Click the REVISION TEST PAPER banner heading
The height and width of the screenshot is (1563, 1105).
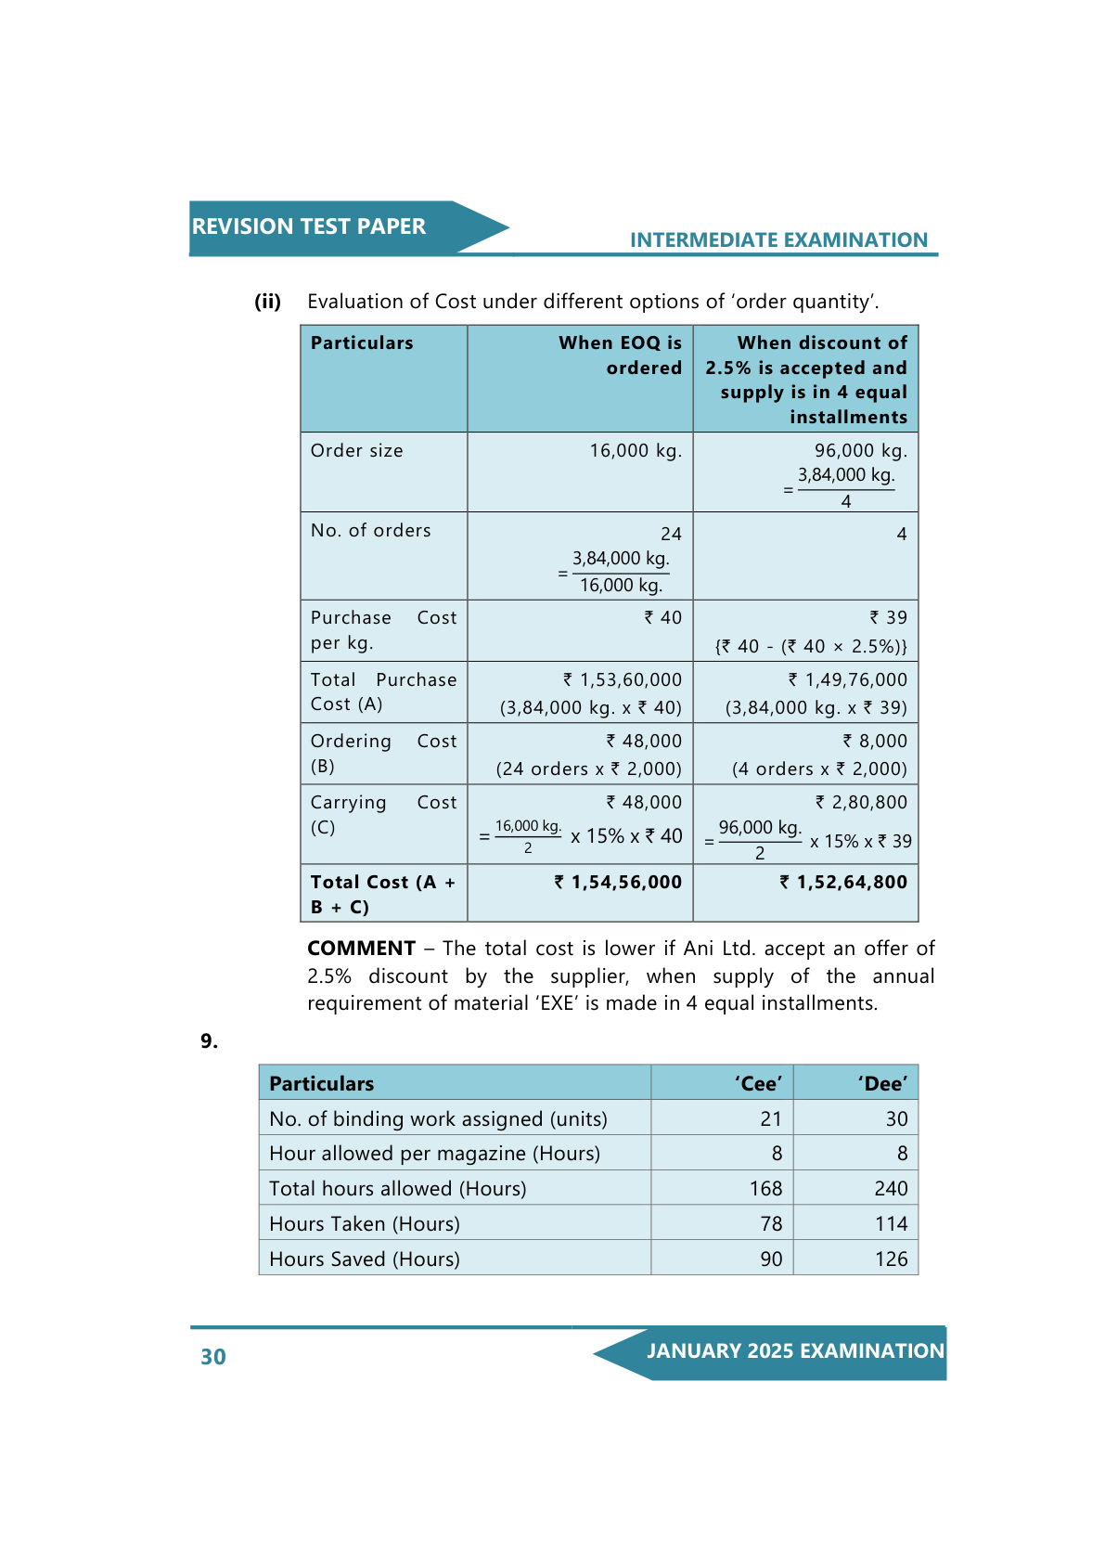pyautogui.click(x=308, y=226)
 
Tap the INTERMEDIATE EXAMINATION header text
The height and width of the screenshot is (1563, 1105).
pyautogui.click(x=778, y=240)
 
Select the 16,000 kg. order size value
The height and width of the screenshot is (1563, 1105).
pyautogui.click(x=636, y=451)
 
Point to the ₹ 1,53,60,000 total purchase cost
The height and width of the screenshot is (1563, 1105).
pyautogui.click(x=623, y=680)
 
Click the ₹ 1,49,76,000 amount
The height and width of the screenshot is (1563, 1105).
pyautogui.click(x=848, y=680)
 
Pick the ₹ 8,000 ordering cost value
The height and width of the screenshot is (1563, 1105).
pyautogui.click(x=875, y=742)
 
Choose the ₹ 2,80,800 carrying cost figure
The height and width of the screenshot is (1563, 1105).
pyautogui.click(x=862, y=803)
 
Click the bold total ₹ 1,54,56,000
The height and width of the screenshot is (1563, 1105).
pyautogui.click(x=618, y=883)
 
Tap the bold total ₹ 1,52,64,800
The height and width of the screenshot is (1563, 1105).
pyautogui.click(x=843, y=883)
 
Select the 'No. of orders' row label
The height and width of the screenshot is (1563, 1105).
pyautogui.click(x=370, y=531)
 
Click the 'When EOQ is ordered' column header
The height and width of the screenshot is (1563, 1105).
pyautogui.click(x=620, y=355)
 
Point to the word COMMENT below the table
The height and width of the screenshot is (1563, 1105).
pyautogui.click(x=361, y=949)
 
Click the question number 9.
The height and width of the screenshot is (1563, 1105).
pyautogui.click(x=210, y=1041)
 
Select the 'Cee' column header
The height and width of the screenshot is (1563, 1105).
pyautogui.click(x=758, y=1084)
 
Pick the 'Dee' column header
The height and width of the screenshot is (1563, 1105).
pyautogui.click(x=882, y=1084)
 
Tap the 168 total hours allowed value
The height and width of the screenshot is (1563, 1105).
pyautogui.click(x=765, y=1189)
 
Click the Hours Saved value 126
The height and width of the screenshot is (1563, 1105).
pyautogui.click(x=891, y=1259)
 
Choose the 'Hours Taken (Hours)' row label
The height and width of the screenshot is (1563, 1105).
pyautogui.click(x=365, y=1224)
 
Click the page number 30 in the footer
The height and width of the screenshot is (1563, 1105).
pyautogui.click(x=213, y=1357)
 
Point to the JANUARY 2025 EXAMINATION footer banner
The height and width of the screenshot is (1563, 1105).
pyautogui.click(x=795, y=1351)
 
